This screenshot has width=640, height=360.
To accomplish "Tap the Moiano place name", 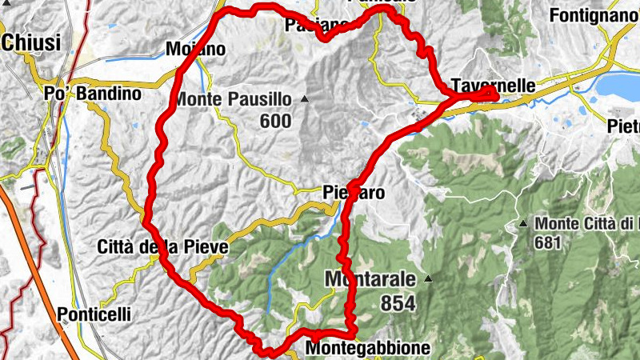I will pyautogui.click(x=195, y=50).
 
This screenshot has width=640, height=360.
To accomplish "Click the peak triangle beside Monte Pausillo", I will pyautogui.click(x=305, y=100).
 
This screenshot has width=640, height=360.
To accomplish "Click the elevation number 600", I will pyautogui.click(x=274, y=121).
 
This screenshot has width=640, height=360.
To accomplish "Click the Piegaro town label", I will pyautogui.click(x=354, y=193).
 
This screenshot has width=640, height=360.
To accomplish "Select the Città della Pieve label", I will pyautogui.click(x=162, y=247).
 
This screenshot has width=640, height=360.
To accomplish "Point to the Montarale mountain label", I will pyautogui.click(x=370, y=279).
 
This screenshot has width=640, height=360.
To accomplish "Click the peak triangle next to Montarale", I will pyautogui.click(x=428, y=279).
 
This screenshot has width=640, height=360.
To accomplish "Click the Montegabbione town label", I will pyautogui.click(x=368, y=349).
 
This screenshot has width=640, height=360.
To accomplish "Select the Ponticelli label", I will pyautogui.click(x=94, y=315).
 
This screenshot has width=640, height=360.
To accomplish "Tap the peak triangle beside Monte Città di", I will pyautogui.click(x=523, y=223).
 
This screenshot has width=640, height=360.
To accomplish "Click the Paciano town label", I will pyautogui.click(x=317, y=26).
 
